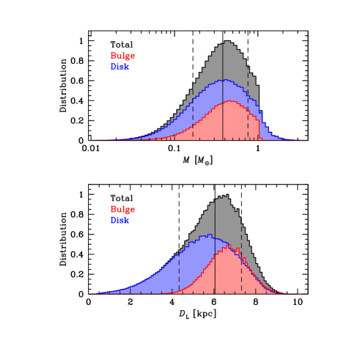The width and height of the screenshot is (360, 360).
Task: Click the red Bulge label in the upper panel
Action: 122,56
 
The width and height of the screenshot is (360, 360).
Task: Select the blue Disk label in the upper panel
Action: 120,67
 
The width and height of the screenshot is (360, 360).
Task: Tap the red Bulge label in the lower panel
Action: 122,210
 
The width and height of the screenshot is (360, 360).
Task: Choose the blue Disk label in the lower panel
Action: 120,220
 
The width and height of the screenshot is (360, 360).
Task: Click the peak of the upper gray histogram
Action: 227,42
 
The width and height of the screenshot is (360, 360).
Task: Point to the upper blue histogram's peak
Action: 226,80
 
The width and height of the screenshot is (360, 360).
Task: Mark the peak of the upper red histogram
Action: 229,101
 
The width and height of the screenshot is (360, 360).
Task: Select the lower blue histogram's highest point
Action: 209,235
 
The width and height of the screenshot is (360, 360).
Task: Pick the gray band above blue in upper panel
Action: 227,62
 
